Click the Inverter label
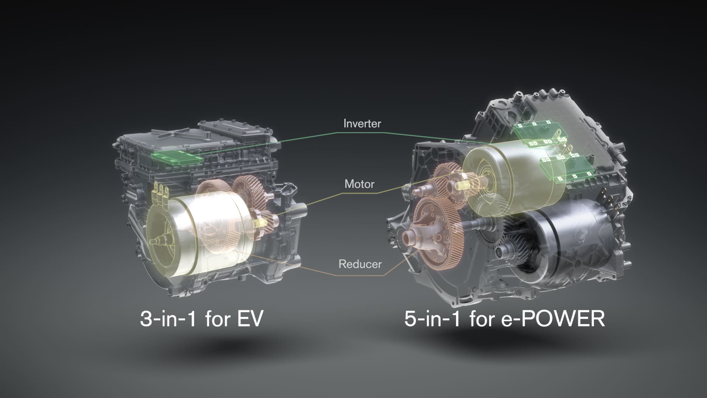click(362, 123)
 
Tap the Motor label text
click(359, 184)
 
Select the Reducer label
click(360, 264)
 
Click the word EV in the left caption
click(250, 318)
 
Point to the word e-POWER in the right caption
click(553, 318)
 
